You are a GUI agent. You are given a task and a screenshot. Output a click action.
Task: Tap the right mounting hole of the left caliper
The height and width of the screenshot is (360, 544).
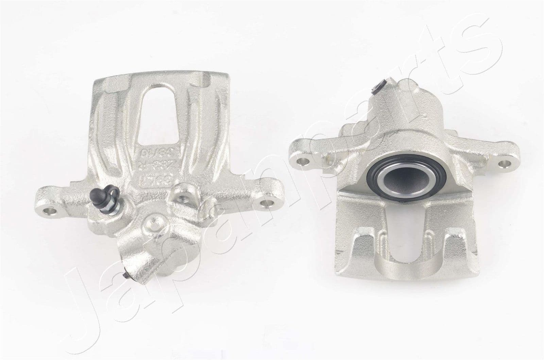[x=270, y=203]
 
